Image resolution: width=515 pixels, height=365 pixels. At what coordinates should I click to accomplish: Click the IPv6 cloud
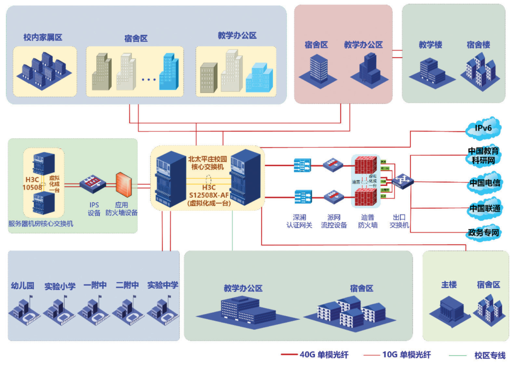pos(483,128)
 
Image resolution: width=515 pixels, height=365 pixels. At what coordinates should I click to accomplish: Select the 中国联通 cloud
pos(484,209)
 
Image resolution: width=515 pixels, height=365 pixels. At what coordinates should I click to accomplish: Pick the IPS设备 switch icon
pos(93,184)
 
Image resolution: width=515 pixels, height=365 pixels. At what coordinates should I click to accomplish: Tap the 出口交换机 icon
pos(403,183)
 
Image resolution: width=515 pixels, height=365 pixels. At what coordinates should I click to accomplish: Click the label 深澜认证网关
pos(302,221)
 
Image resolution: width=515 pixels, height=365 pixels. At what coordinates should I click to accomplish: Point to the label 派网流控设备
pos(334,221)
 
